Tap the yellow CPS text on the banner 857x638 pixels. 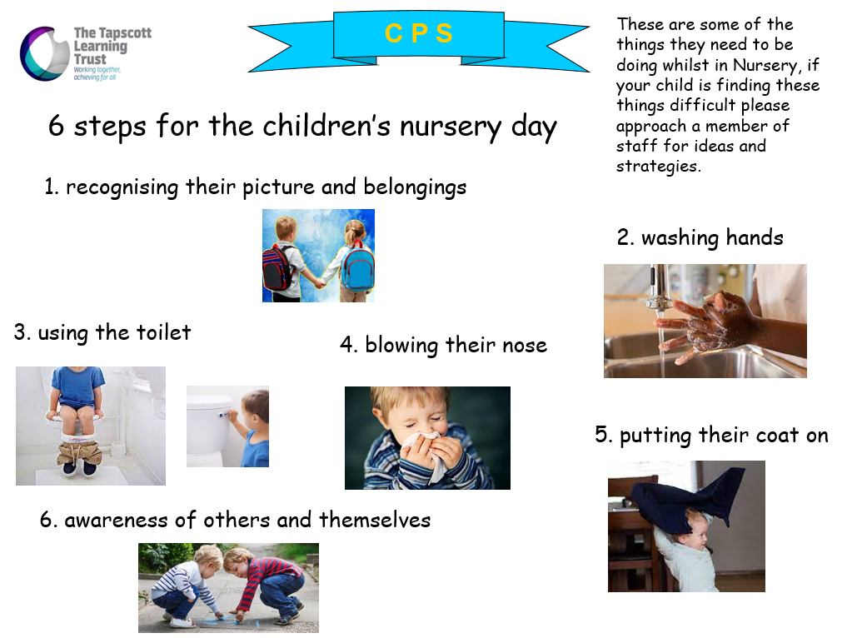(x=419, y=33)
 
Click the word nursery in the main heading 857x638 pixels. (x=451, y=127)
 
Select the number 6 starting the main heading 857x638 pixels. (x=56, y=125)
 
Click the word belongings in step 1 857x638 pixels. (x=415, y=187)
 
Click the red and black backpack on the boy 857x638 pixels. (x=277, y=268)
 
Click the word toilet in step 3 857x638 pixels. (x=163, y=332)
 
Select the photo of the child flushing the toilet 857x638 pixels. (x=227, y=426)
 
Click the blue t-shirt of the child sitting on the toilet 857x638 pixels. (x=78, y=387)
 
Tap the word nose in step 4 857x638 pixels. (x=525, y=346)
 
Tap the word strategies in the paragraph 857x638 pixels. (x=658, y=167)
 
